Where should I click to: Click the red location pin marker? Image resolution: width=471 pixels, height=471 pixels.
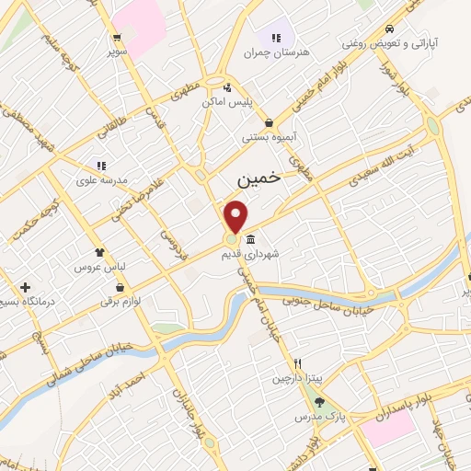tap(236, 215)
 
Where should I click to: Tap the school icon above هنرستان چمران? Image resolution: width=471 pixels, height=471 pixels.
tap(276, 38)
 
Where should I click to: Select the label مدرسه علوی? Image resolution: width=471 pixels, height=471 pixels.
tap(99, 181)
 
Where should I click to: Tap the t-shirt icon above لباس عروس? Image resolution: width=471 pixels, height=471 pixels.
tap(100, 250)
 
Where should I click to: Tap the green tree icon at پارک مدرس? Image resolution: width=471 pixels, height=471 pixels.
tap(319, 401)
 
